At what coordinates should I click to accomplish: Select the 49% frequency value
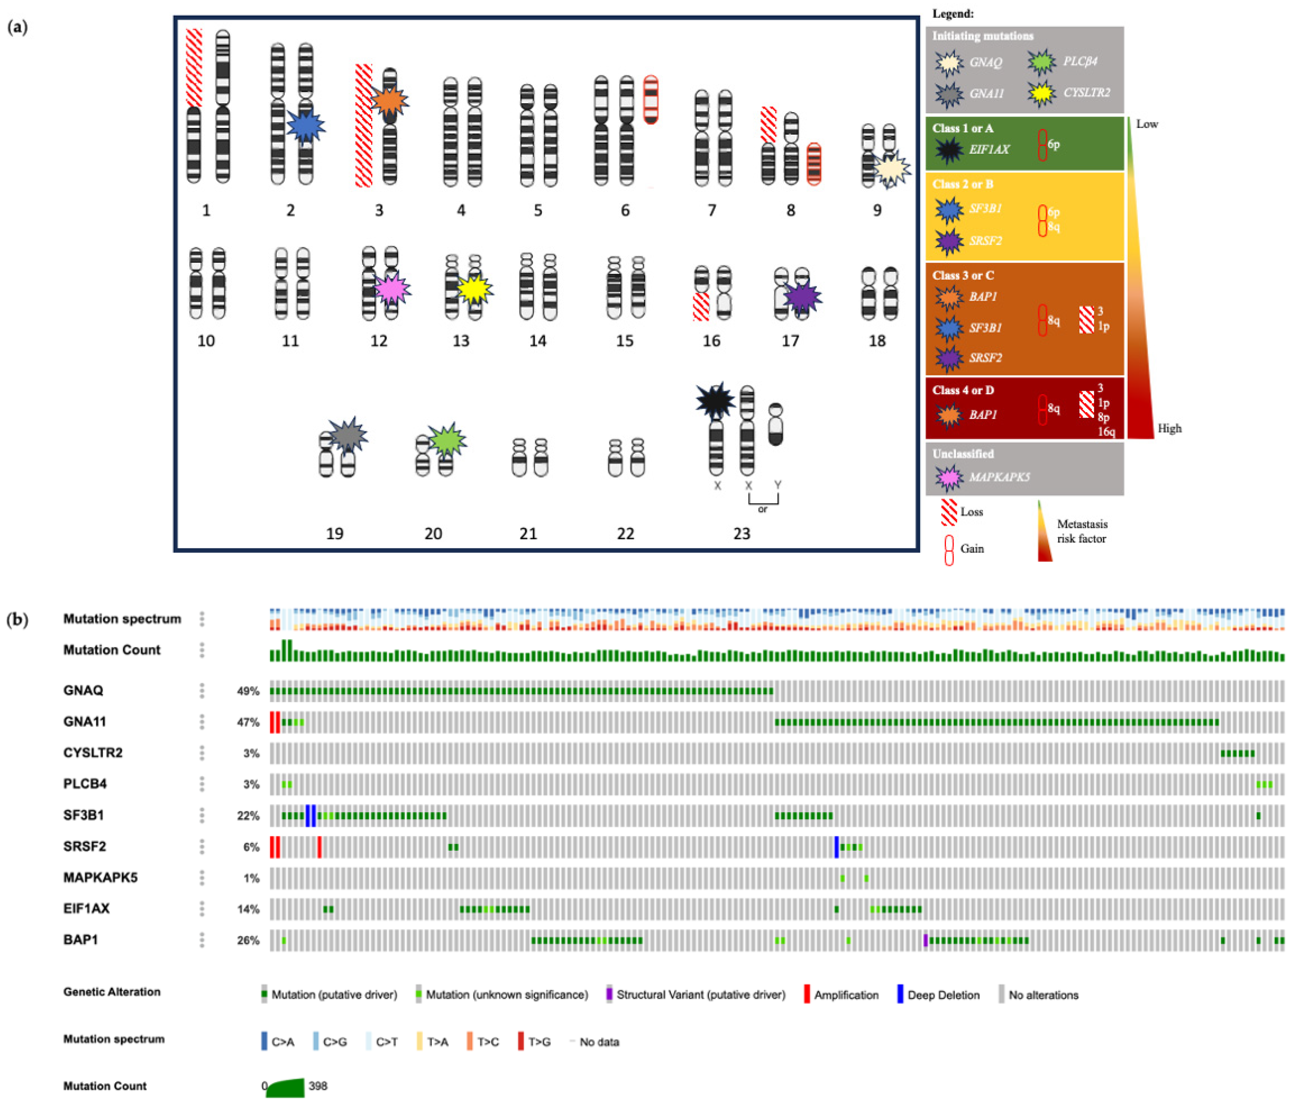coord(248,691)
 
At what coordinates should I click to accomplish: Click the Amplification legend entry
coord(845,994)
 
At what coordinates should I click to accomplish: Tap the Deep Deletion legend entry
coord(943,994)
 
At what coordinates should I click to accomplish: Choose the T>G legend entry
coord(539,1042)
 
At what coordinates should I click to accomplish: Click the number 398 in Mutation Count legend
coord(318,1086)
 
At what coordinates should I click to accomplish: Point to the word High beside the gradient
coord(1170,429)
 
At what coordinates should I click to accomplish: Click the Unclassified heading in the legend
coord(962,454)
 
